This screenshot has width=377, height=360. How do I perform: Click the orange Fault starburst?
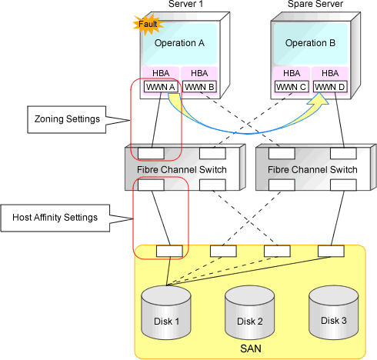coord(148,25)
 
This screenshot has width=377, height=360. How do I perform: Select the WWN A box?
coord(161,87)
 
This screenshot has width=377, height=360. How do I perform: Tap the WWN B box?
coord(199,87)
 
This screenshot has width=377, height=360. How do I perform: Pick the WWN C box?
coord(292,87)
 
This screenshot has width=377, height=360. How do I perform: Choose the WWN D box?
coord(330,87)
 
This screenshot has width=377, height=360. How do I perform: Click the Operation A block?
coord(179,44)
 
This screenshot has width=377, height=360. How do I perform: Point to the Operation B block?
coord(310,44)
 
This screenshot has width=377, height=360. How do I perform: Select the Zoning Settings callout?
coord(67,119)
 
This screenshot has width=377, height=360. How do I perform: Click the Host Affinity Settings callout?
coord(55,218)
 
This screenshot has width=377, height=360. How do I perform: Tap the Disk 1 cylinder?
coord(166,313)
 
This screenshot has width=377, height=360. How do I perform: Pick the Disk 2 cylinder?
coord(250,313)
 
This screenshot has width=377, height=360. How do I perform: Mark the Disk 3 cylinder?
coord(334,313)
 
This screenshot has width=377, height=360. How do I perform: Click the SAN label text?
coord(251,348)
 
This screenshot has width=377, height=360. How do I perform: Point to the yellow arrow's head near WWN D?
coord(319,99)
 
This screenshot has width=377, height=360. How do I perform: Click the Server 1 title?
coord(185,4)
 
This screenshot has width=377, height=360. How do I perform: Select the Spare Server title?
coord(315,4)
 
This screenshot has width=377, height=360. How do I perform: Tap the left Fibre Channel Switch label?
coord(182,170)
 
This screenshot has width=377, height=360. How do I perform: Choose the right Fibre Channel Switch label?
coord(312,170)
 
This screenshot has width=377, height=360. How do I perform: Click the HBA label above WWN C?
coord(292,73)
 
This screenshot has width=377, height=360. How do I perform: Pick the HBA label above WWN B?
coord(199,73)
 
